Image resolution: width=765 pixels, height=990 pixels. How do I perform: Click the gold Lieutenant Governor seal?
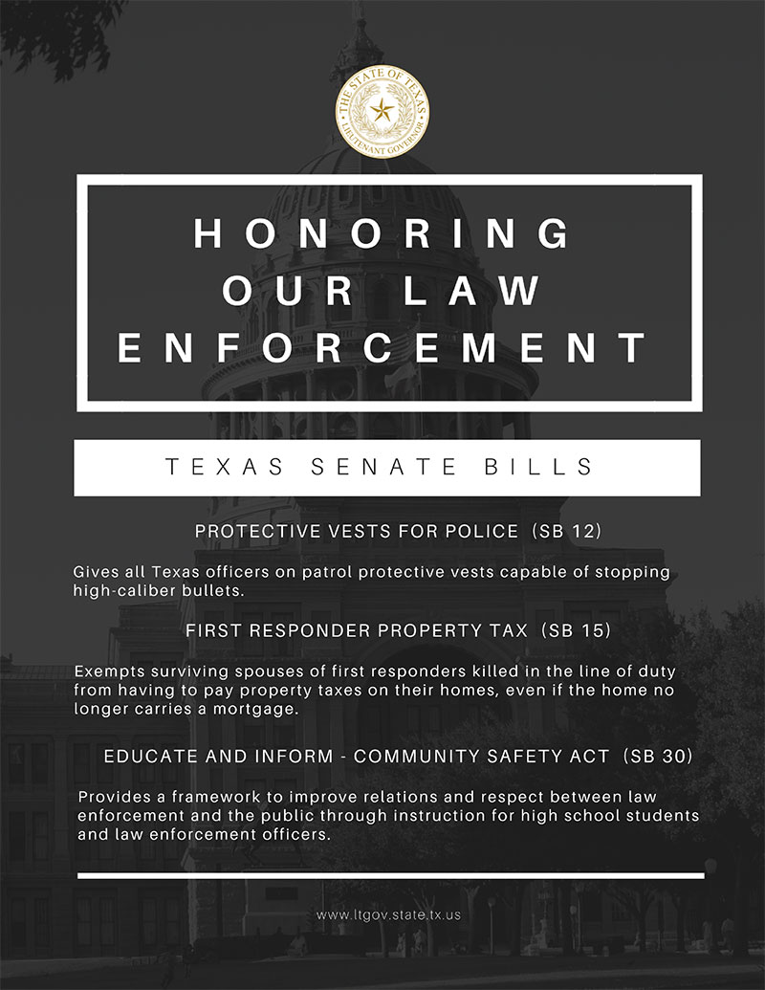(382, 112)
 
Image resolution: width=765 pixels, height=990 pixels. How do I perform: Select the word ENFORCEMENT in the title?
(383, 349)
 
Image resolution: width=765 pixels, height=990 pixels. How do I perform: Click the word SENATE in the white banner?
(380, 467)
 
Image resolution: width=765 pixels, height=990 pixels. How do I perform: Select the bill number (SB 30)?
(657, 756)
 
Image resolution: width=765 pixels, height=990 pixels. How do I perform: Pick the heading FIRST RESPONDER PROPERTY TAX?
(356, 631)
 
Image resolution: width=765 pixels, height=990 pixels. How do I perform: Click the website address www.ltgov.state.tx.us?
(388, 914)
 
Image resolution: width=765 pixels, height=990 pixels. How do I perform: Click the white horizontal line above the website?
(390, 875)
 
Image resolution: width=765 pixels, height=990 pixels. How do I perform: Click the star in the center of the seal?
(382, 111)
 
